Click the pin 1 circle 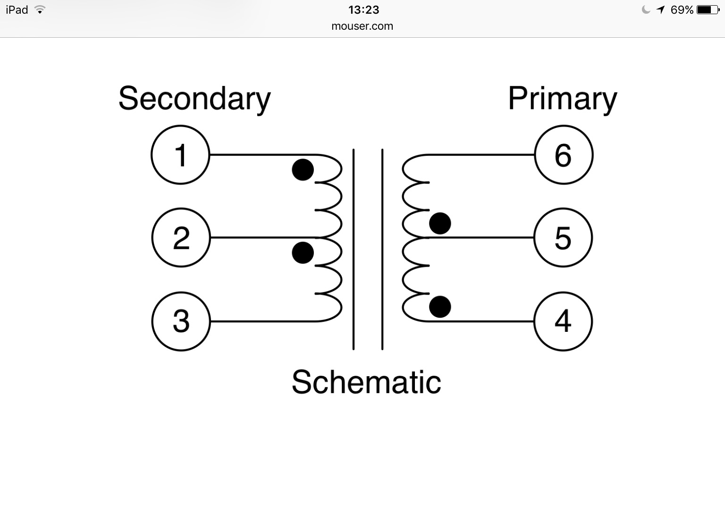[x=180, y=154]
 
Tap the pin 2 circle [x=181, y=238]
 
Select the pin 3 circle [x=181, y=321]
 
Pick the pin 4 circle [x=563, y=321]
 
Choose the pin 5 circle [x=563, y=238]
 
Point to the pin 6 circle [x=564, y=154]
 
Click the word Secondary [x=194, y=99]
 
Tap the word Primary [x=562, y=99]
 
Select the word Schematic [x=366, y=382]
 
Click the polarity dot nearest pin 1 [x=303, y=170]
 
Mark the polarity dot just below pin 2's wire [x=303, y=253]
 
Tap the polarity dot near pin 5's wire [x=440, y=223]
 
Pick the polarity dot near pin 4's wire [x=440, y=307]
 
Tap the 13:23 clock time [x=363, y=10]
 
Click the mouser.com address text [x=362, y=26]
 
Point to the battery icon [x=708, y=10]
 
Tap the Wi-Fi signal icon [x=40, y=10]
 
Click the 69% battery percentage [x=682, y=10]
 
